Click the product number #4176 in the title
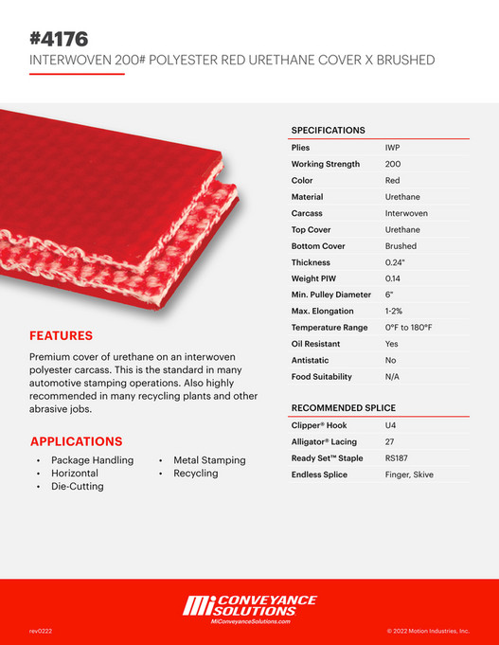click(59, 39)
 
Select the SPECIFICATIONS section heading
click(328, 130)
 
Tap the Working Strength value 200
click(392, 164)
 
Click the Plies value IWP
click(392, 148)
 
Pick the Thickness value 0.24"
click(395, 262)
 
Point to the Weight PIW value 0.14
click(393, 278)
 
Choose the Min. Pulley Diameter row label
click(330, 295)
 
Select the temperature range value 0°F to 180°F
click(408, 328)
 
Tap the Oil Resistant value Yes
click(392, 344)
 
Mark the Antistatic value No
click(391, 360)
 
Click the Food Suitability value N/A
click(393, 377)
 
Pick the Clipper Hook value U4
click(391, 425)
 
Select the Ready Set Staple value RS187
click(396, 458)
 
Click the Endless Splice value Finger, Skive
click(409, 475)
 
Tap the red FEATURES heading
click(61, 335)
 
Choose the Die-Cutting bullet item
click(78, 486)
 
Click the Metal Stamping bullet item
click(209, 460)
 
